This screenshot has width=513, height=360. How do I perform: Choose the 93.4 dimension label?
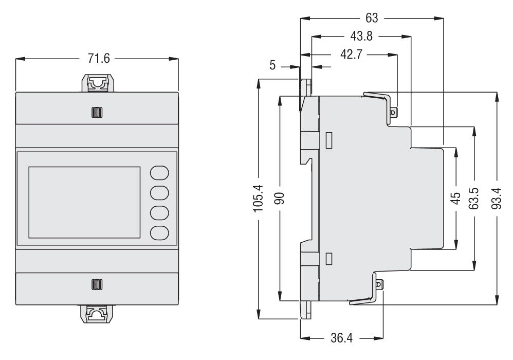pos(497,197)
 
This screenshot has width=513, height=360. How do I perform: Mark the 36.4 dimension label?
pos(341,338)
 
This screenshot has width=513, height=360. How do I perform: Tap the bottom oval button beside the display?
pos(160,232)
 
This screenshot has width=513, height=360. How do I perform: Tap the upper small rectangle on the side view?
pos(329,139)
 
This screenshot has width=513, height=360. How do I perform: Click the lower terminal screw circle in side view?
pos(380,284)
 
